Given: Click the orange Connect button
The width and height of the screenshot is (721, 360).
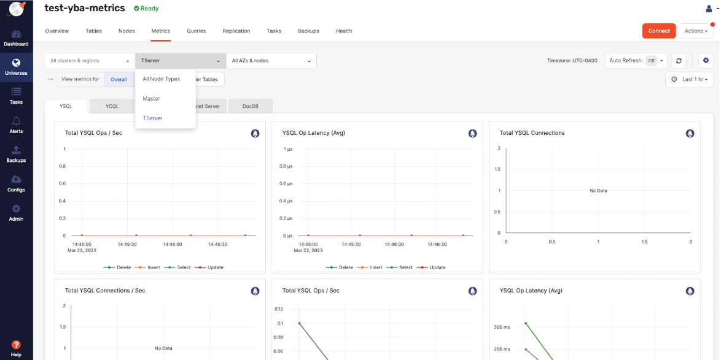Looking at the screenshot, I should [658, 31].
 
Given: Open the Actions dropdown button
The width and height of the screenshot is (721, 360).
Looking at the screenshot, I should [696, 31].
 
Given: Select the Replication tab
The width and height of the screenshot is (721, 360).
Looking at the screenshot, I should [236, 31].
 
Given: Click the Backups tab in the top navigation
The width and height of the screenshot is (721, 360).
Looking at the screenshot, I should [308, 31].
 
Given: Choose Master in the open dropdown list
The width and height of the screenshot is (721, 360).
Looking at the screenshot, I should [151, 99].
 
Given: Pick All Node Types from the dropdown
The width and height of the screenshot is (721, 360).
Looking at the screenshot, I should [162, 79].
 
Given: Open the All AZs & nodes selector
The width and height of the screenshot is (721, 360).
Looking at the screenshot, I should [271, 61].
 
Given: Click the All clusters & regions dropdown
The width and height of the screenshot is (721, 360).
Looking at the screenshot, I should [90, 61].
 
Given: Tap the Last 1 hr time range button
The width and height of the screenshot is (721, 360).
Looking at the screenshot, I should [690, 80].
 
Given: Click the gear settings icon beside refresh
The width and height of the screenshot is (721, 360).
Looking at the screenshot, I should [706, 61].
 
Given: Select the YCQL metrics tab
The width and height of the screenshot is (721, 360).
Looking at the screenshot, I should [112, 106].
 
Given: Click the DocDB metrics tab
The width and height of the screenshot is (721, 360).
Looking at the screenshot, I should [250, 106].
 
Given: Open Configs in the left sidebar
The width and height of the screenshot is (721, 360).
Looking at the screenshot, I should [16, 183].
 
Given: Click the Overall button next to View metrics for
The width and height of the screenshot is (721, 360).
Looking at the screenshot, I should [119, 79].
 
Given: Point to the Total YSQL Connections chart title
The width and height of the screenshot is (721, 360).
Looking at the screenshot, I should [532, 133].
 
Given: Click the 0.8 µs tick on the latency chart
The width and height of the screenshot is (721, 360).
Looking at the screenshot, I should [286, 166].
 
